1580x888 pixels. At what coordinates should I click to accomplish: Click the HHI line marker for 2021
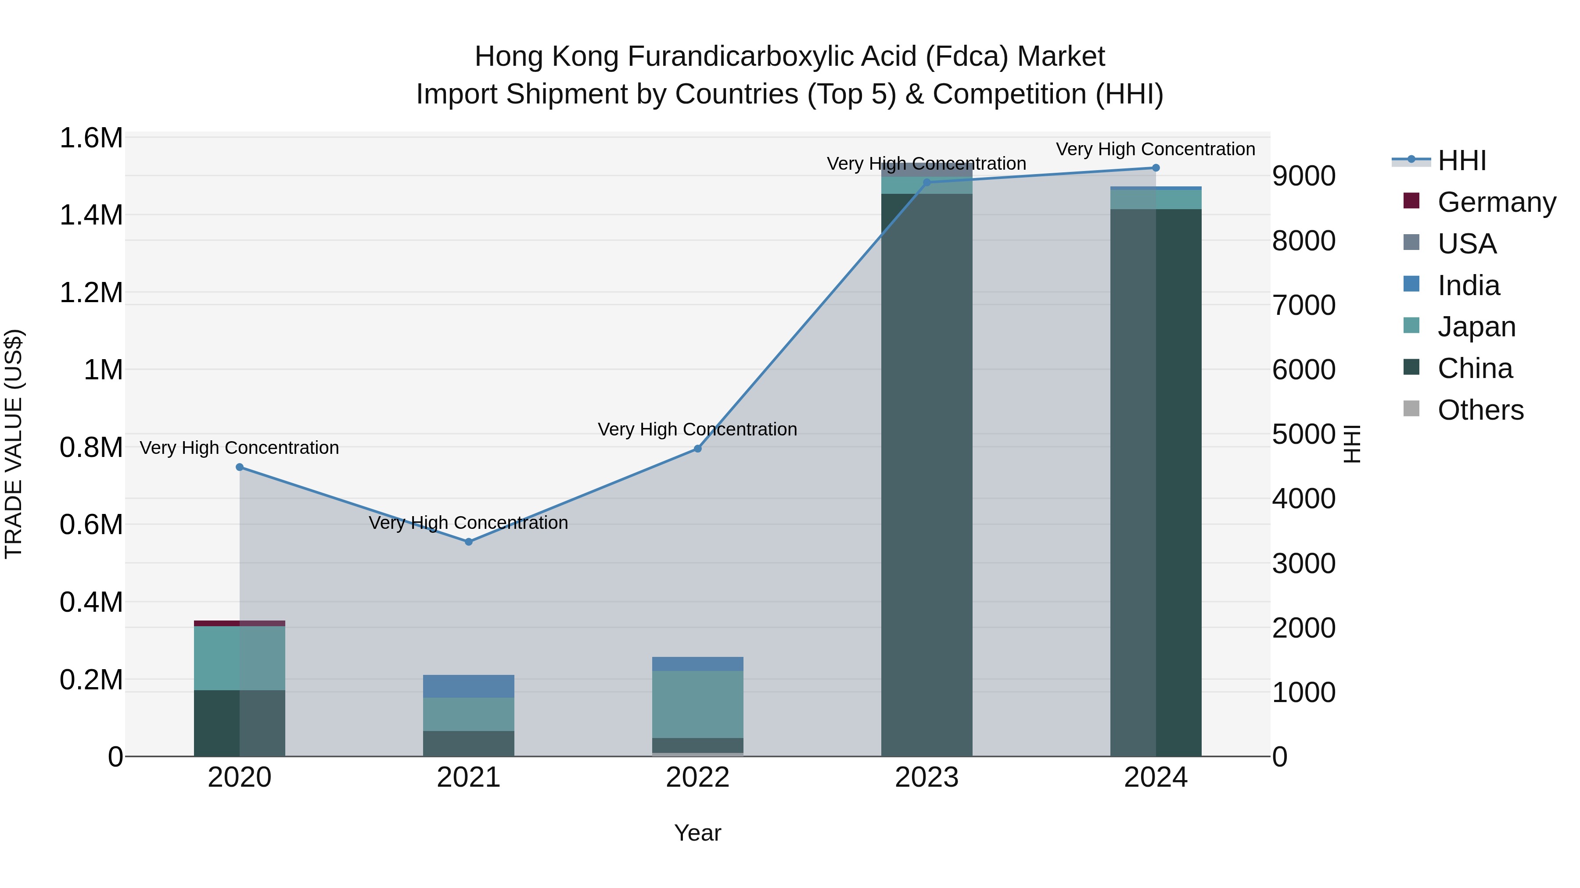pyautogui.click(x=469, y=542)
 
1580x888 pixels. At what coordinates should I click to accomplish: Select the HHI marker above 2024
pyautogui.click(x=1156, y=168)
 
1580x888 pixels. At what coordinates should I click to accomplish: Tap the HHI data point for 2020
pyautogui.click(x=240, y=467)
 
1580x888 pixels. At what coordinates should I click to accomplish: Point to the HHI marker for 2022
pyautogui.click(x=697, y=449)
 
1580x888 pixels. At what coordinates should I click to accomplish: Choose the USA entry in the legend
pyautogui.click(x=1466, y=244)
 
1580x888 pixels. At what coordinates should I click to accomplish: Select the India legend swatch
pyautogui.click(x=1411, y=284)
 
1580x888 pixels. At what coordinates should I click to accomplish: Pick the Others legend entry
pyautogui.click(x=1480, y=410)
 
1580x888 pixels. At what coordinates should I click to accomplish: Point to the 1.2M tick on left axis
pyautogui.click(x=91, y=292)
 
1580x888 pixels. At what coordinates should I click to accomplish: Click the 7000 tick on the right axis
pyautogui.click(x=1303, y=305)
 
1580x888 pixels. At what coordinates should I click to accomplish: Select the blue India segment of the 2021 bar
pyautogui.click(x=469, y=686)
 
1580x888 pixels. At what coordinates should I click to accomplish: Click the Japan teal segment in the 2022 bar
pyautogui.click(x=697, y=704)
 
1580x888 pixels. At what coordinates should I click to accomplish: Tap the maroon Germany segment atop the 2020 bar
pyautogui.click(x=240, y=623)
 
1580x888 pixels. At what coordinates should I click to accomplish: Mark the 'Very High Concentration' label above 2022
pyautogui.click(x=697, y=430)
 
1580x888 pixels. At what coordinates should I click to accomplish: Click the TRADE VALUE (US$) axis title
pyautogui.click(x=14, y=444)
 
